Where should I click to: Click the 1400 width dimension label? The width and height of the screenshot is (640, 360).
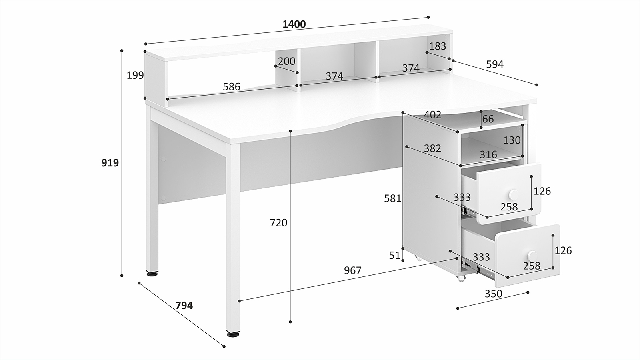click(x=294, y=24)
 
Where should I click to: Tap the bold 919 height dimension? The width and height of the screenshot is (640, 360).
click(x=110, y=163)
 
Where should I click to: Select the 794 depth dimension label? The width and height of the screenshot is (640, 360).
click(x=184, y=306)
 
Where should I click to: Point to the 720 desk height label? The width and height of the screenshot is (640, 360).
click(x=278, y=222)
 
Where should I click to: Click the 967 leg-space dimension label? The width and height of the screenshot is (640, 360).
click(x=352, y=270)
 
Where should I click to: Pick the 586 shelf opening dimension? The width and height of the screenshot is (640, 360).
click(x=232, y=86)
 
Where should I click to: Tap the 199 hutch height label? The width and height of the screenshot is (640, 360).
click(x=135, y=76)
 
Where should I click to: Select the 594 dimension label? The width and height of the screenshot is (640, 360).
click(x=495, y=64)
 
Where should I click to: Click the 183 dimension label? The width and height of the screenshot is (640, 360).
click(x=438, y=46)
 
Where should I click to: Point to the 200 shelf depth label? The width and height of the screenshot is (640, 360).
click(x=286, y=61)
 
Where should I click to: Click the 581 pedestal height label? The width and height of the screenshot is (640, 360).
click(x=392, y=198)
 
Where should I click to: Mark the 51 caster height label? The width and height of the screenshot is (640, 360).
click(x=394, y=256)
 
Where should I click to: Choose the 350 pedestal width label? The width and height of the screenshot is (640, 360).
click(x=494, y=294)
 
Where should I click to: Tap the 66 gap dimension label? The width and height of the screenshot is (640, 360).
click(x=488, y=119)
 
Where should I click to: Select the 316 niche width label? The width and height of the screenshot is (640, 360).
click(x=488, y=154)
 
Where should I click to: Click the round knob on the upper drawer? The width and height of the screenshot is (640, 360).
click(x=514, y=195)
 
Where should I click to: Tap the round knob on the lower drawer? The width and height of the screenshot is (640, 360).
click(x=532, y=255)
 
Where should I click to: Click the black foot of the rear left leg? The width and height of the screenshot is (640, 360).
click(x=152, y=274)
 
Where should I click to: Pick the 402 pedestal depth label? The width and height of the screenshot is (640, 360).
click(x=432, y=115)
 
